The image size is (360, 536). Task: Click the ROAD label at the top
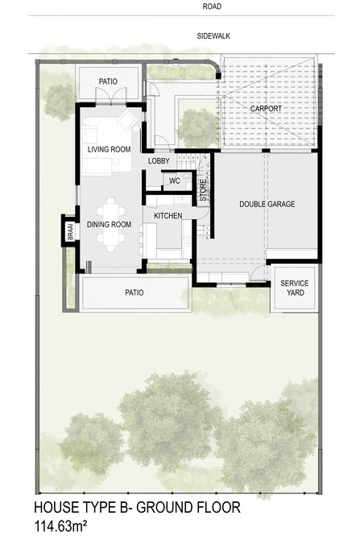tap(212, 6)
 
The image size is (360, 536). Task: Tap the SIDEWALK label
tap(213, 36)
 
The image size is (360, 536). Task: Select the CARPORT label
tap(266, 109)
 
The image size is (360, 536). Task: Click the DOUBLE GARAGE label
tap(267, 204)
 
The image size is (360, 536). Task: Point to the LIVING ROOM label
tap(109, 149)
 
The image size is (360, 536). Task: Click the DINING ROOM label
tap(109, 225)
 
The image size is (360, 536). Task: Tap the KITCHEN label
tap(168, 216)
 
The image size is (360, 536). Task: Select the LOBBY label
tap(159, 161)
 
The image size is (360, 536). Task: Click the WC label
tap(175, 181)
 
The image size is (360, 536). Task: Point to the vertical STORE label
tap(203, 190)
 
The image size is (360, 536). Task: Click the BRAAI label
tap(70, 231)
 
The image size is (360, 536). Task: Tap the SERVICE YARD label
tap(295, 288)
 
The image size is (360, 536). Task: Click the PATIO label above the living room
tap(108, 81)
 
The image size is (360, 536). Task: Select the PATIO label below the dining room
tap(134, 293)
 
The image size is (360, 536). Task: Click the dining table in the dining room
tap(110, 224)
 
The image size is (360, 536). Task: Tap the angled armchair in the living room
tap(127, 119)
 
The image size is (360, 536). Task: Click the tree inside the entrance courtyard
tap(197, 128)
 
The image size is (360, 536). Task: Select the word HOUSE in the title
tap(56, 507)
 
